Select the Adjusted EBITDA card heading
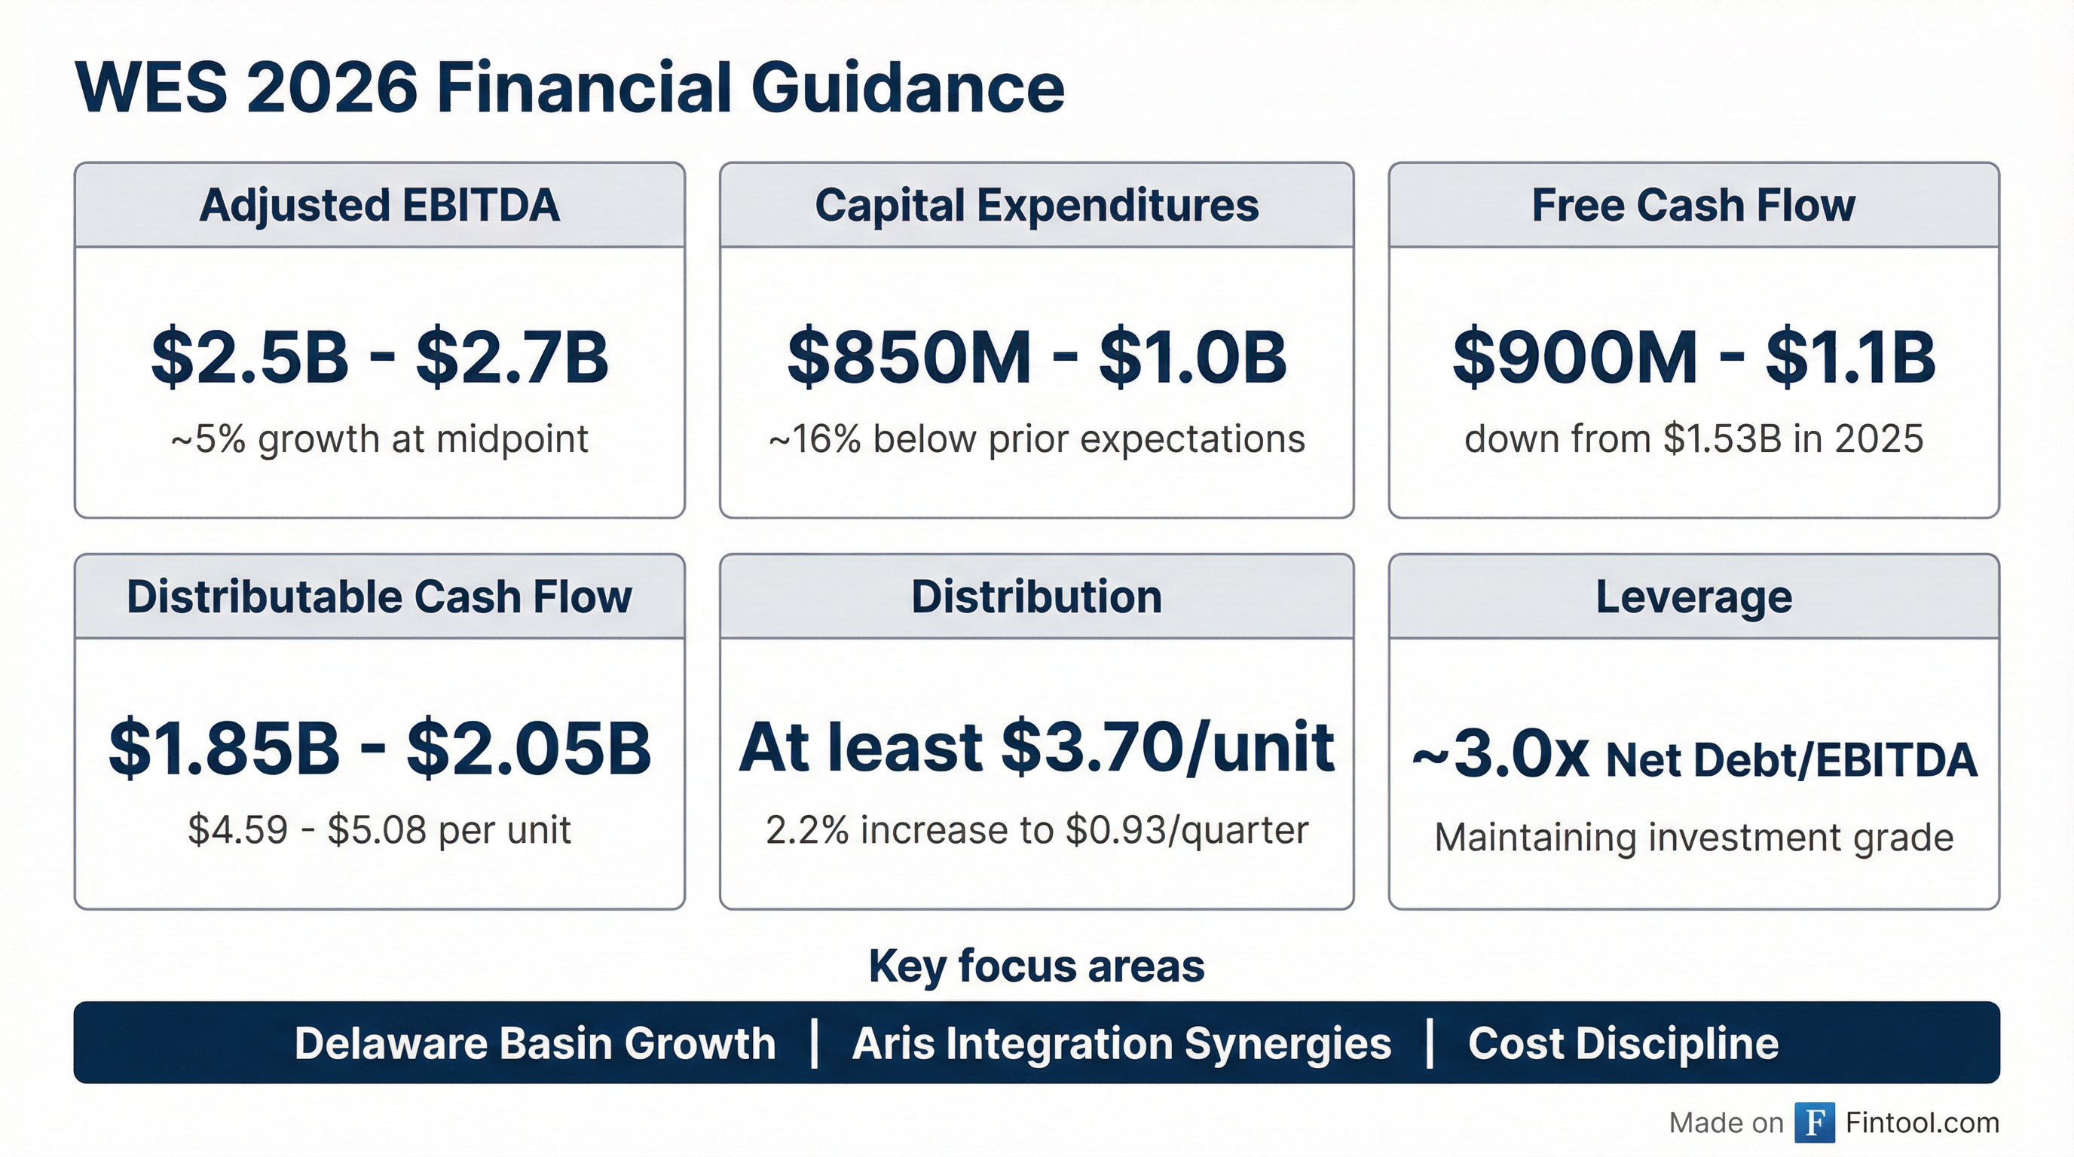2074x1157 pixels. (x=379, y=205)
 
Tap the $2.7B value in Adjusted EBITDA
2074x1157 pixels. (x=511, y=357)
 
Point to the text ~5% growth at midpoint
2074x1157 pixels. (x=379, y=439)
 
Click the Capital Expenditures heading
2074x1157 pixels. (x=1036, y=205)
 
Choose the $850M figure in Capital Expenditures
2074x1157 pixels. (x=909, y=357)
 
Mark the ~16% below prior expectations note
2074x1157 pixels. (x=1036, y=439)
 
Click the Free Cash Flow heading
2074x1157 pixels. (x=1693, y=205)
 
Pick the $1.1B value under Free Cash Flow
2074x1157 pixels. (x=1850, y=357)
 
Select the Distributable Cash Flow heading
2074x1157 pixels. (x=379, y=597)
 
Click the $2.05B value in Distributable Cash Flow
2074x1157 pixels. (x=528, y=748)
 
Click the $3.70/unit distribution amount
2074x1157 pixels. (x=1167, y=748)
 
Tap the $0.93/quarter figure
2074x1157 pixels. (x=1186, y=830)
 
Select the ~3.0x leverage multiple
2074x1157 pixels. (x=1500, y=756)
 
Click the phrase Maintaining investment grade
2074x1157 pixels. (x=1693, y=838)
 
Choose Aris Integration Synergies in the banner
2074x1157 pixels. (x=1121, y=1043)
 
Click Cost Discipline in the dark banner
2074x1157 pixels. (x=1623, y=1043)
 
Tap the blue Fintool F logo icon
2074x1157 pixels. (x=1814, y=1122)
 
